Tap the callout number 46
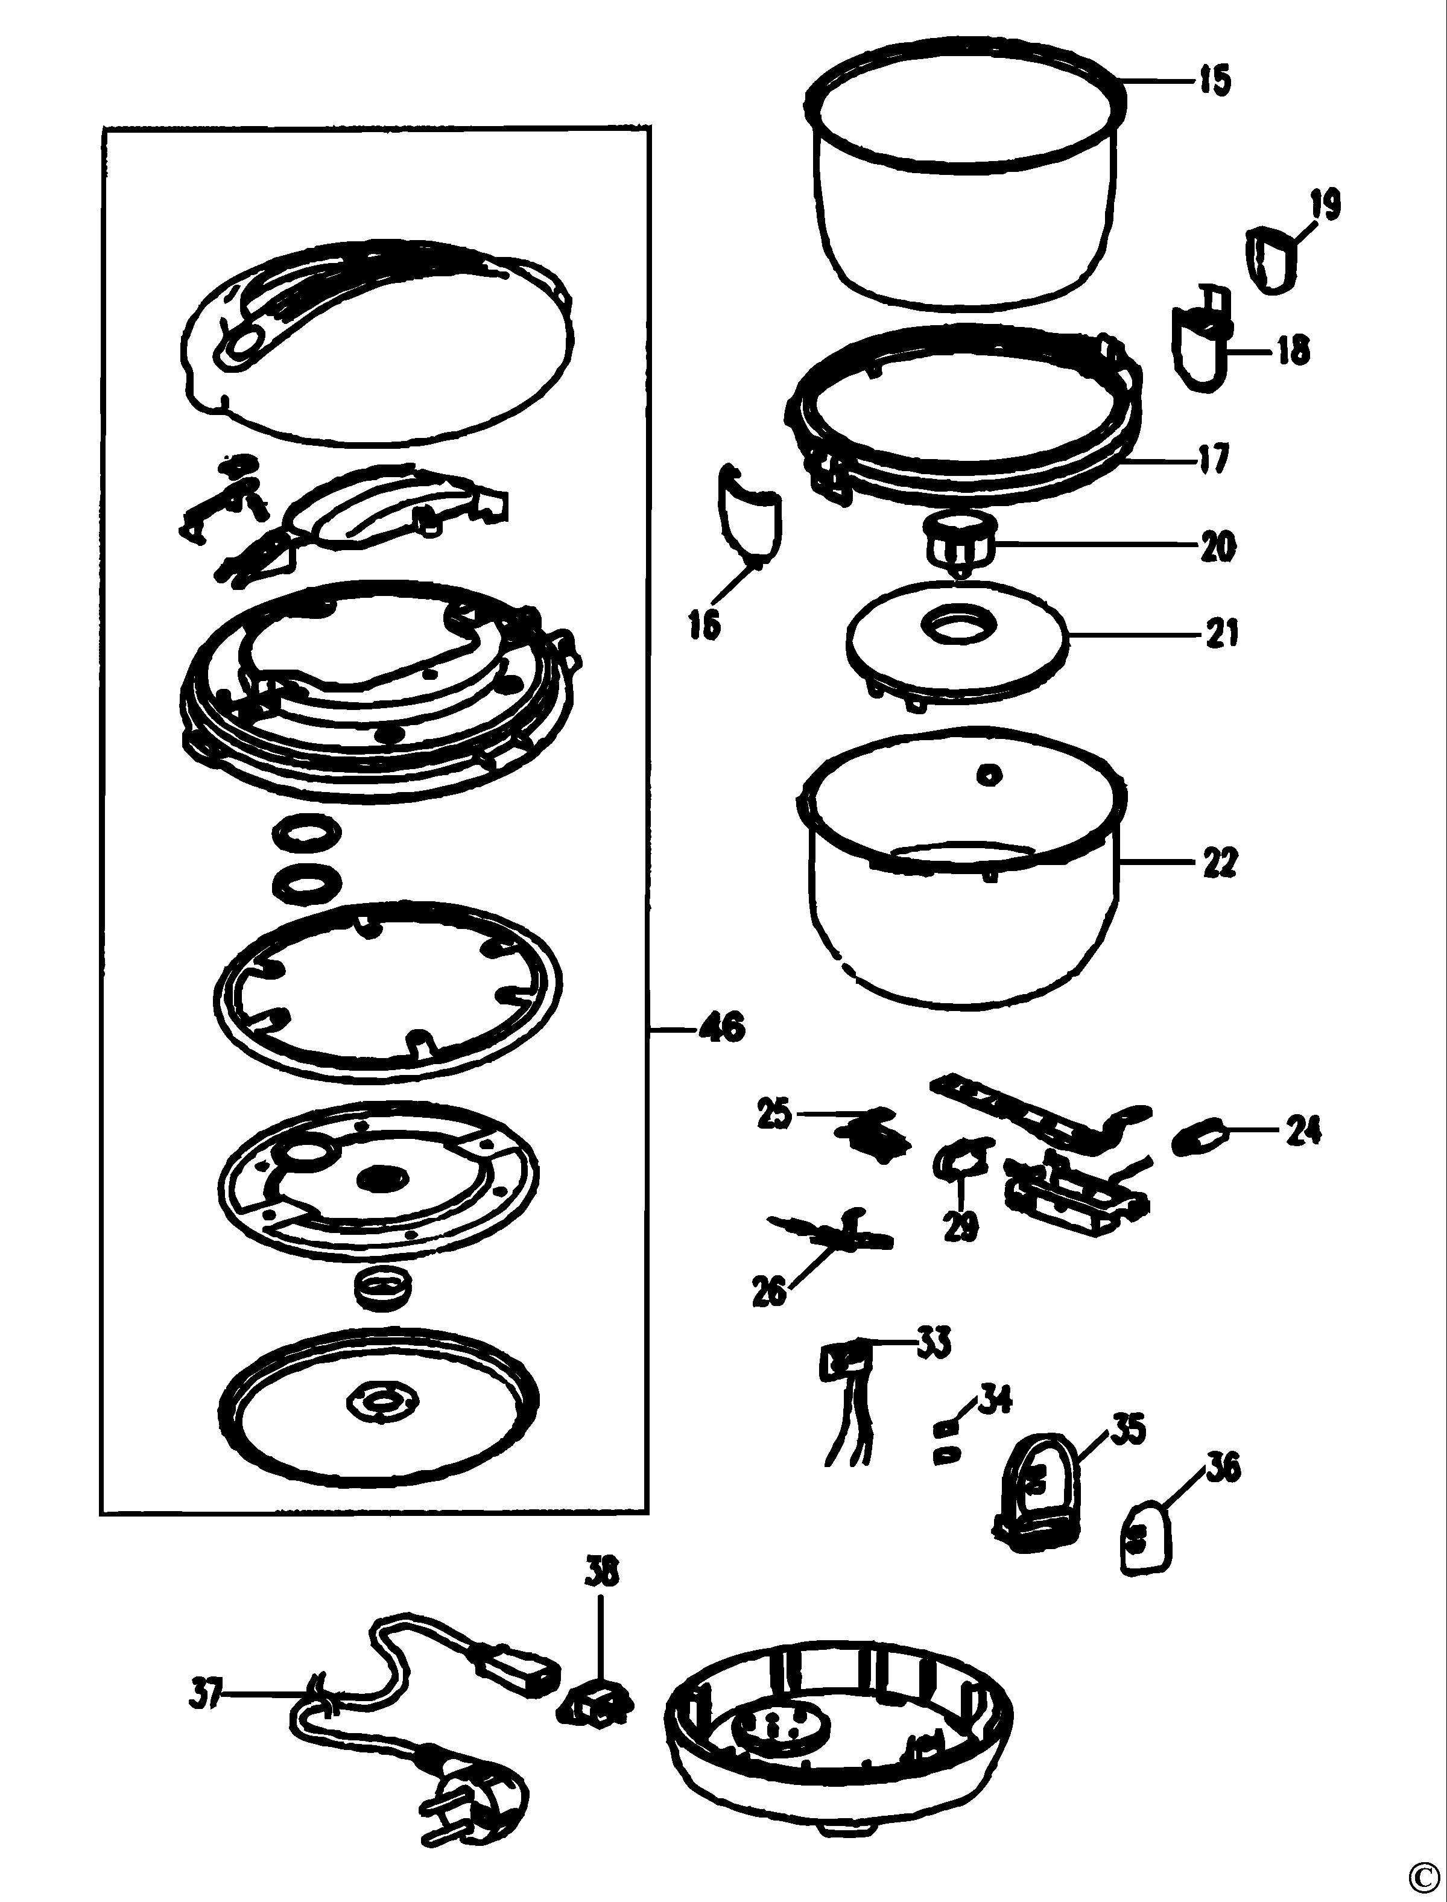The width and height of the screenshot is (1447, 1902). pyautogui.click(x=723, y=1028)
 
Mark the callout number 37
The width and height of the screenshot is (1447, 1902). pyautogui.click(x=205, y=1695)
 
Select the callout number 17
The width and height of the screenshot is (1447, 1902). pyautogui.click(x=1214, y=457)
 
